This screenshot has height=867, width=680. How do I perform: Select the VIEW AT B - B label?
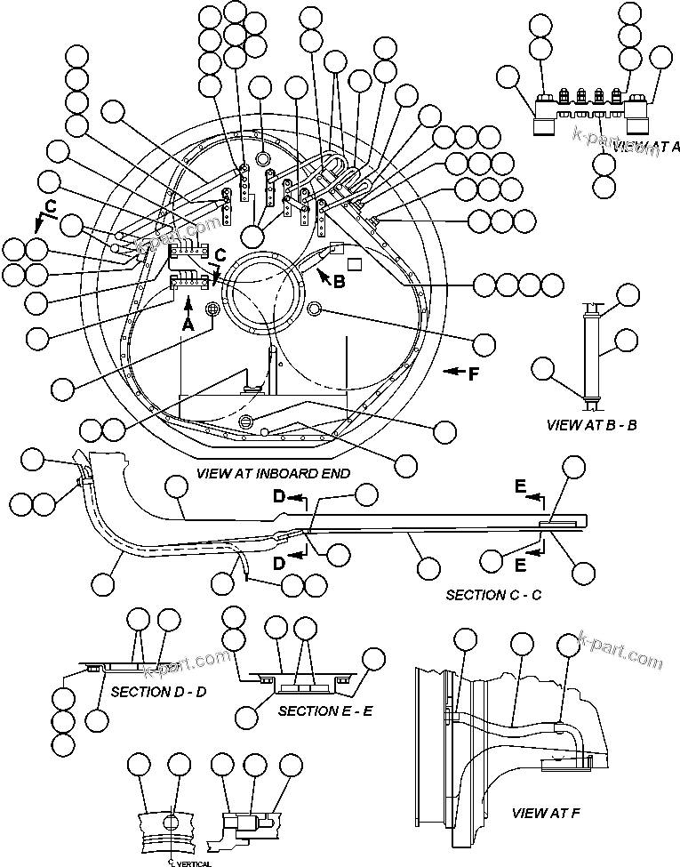click(x=591, y=424)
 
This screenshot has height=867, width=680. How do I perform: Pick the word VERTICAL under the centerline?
click(x=189, y=861)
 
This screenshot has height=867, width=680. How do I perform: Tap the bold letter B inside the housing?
click(x=338, y=282)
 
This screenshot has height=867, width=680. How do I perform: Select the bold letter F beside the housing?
click(x=473, y=373)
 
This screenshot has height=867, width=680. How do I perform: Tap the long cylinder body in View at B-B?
click(x=588, y=351)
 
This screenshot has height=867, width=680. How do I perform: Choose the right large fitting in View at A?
click(x=638, y=114)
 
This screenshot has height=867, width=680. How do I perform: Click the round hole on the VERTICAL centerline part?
click(x=175, y=813)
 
